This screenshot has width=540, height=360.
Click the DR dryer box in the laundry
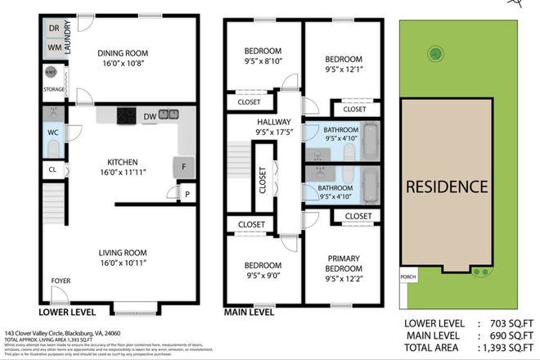(54, 29)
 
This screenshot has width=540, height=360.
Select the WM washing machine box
(54, 48)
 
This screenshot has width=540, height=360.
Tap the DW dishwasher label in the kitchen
(150, 117)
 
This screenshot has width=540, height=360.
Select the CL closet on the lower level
(52, 170)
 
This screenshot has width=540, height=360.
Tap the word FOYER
(61, 281)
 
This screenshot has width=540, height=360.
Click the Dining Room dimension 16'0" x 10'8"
(128, 63)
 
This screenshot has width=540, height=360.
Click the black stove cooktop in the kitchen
(128, 115)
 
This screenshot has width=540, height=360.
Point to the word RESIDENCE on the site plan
(448, 187)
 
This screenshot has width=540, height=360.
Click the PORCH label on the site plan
(407, 277)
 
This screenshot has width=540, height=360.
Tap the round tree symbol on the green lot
(435, 53)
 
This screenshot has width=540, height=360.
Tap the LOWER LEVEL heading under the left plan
(67, 312)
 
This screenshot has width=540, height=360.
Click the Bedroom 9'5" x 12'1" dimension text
(343, 70)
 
